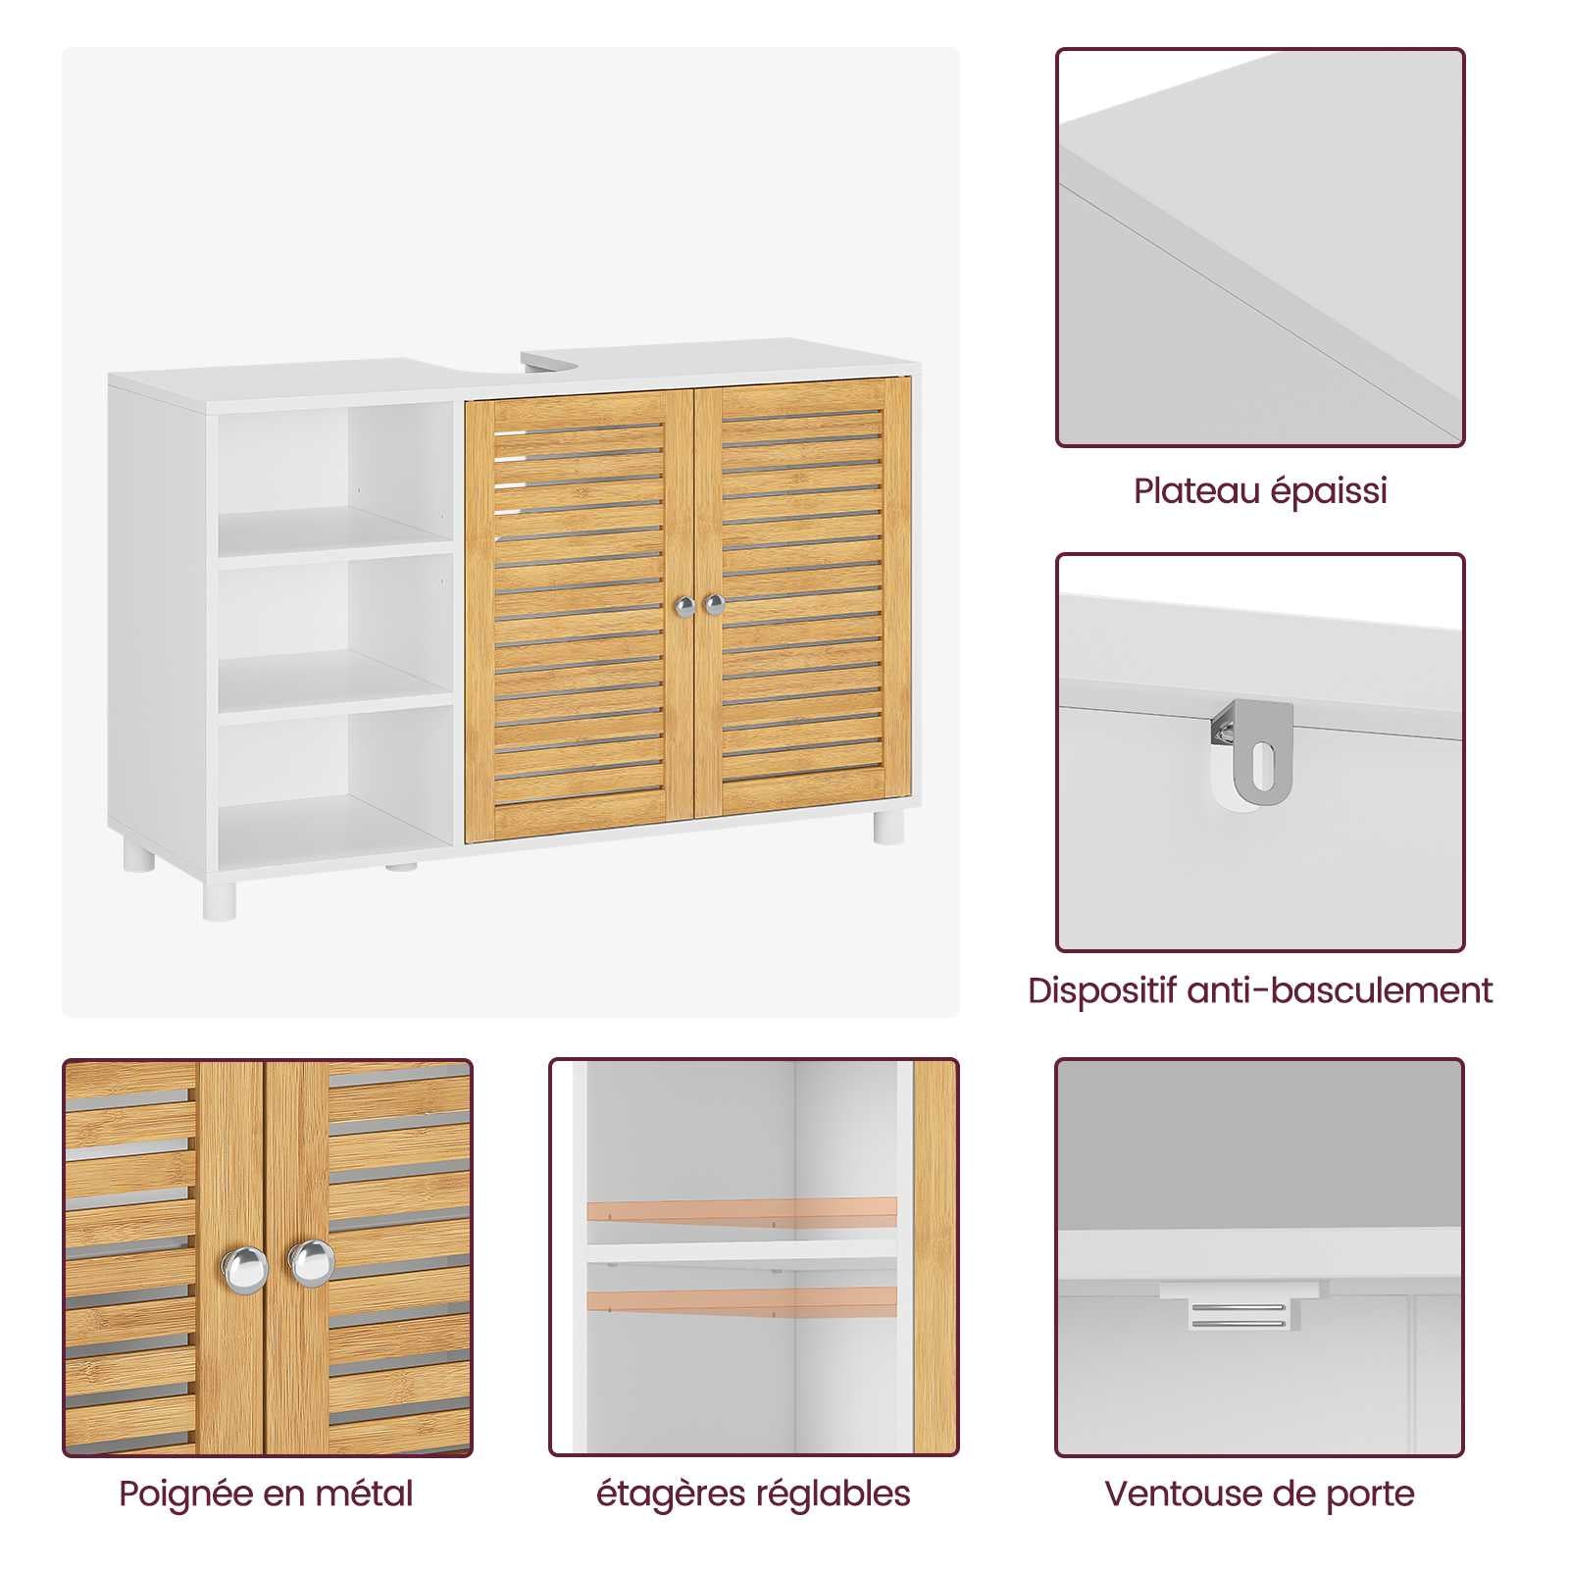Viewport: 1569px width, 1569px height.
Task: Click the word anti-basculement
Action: point(1340,991)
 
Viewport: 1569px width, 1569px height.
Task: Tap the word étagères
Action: point(672,1495)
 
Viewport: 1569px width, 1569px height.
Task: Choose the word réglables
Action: point(834,1495)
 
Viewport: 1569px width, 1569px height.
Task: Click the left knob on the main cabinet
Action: point(686,607)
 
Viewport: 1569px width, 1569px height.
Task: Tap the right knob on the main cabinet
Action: point(714,604)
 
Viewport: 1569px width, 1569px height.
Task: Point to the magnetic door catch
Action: point(1239,1313)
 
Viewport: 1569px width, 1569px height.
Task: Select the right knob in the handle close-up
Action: point(312,1261)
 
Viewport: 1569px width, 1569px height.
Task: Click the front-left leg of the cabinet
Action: point(220,899)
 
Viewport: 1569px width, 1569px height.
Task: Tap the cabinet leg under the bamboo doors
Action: point(888,826)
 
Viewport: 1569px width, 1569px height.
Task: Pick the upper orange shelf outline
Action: point(742,1210)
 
